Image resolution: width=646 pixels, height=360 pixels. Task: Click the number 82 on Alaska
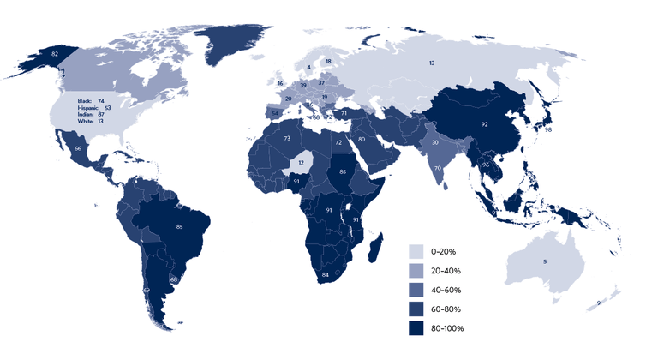[55, 54]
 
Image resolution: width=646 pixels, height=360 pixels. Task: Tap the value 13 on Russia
[432, 63]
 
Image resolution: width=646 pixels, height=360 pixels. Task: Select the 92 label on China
[484, 124]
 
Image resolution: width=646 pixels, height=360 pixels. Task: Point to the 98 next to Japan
[547, 129]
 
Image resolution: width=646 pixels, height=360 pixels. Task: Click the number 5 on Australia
[545, 260]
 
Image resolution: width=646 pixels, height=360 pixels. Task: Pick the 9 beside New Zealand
[598, 304]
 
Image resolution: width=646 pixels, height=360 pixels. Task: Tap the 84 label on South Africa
[326, 274]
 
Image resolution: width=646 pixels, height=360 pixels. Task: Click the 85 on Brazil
[179, 226]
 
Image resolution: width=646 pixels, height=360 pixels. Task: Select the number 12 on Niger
[301, 162]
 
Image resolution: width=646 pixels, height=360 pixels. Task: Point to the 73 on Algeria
[288, 138]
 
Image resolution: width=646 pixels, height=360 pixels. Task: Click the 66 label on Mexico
[78, 148]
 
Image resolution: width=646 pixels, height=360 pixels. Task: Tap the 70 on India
[437, 168]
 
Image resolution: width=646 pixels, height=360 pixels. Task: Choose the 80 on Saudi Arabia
[362, 139]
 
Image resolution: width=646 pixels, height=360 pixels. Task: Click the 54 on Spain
[274, 111]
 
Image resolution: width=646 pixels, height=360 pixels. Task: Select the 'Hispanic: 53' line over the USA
[96, 109]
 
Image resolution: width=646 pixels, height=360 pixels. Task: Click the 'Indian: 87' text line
[94, 115]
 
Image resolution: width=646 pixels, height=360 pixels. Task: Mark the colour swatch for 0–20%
[416, 251]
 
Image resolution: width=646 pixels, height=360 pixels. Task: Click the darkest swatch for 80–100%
[416, 328]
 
